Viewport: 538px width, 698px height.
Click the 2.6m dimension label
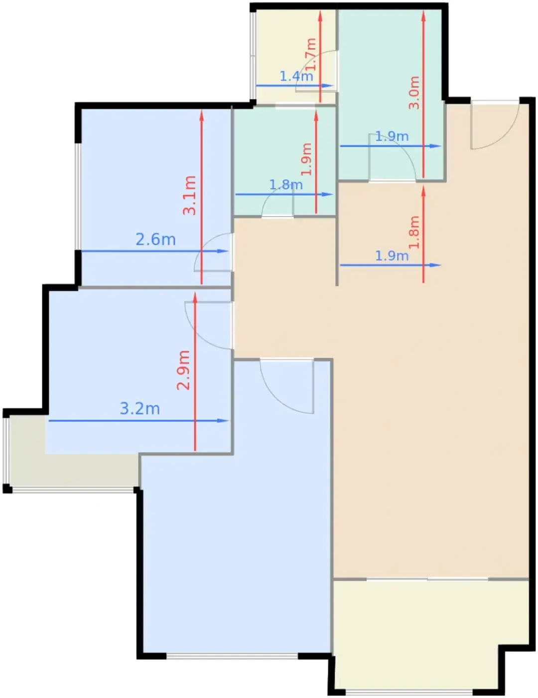[x=155, y=240]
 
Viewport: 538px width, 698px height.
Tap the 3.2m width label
[x=140, y=409]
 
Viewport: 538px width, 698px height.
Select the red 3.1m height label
[x=189, y=195]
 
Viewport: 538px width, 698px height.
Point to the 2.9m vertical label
[x=183, y=370]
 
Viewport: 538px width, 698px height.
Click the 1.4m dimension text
[x=296, y=76]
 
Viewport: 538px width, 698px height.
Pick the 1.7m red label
[x=311, y=54]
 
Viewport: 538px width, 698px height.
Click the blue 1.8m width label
[x=286, y=185]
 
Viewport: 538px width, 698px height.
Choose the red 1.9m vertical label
[x=307, y=159]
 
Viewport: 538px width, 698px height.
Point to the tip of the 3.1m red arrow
[x=201, y=110]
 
